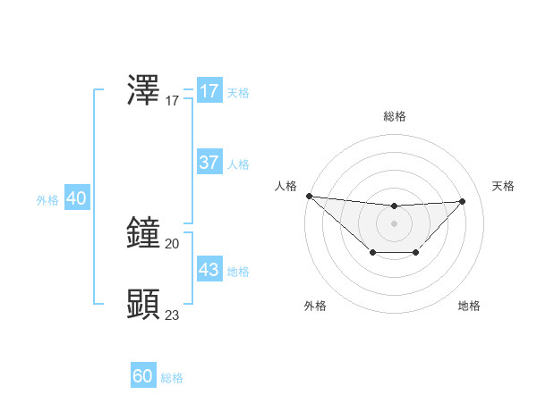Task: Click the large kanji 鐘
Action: point(144,232)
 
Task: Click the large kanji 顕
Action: point(144,304)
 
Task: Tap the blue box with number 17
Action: point(209,91)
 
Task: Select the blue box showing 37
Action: point(209,163)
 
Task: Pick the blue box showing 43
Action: point(209,270)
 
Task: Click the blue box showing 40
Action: point(76,198)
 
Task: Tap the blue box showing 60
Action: point(143,376)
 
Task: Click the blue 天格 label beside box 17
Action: point(238,93)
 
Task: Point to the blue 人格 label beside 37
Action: point(238,164)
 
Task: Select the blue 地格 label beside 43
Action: point(238,272)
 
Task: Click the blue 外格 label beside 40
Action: point(47,200)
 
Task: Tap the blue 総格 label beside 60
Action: point(172,378)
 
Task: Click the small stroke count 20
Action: point(173,243)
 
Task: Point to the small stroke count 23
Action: point(173,315)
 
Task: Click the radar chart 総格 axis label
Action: point(394,116)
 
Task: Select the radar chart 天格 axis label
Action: point(504,186)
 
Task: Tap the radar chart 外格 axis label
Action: point(315,306)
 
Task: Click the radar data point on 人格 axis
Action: point(309,196)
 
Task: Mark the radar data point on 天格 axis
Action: point(463,201)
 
